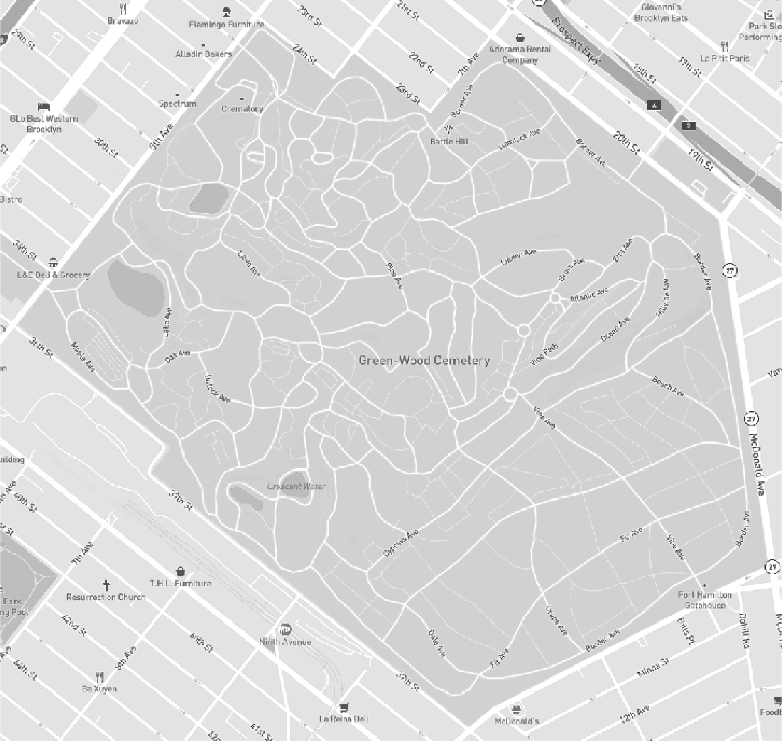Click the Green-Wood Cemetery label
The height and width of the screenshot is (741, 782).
point(424,360)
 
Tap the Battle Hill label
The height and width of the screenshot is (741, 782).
point(449,141)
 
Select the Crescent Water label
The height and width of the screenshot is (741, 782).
point(297,486)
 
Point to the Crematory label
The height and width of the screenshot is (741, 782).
point(242,109)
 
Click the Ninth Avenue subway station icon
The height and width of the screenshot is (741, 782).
point(286,629)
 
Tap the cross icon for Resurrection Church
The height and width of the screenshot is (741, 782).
point(106,585)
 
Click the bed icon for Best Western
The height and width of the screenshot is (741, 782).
point(44,107)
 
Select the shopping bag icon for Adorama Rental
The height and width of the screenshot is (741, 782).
point(520,38)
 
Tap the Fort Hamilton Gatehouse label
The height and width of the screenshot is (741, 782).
point(705,600)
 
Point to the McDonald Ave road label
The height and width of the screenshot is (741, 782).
point(757,465)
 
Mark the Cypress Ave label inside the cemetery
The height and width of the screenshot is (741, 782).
point(401,543)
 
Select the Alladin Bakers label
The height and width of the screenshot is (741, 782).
point(203,54)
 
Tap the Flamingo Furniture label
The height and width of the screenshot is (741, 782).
point(226,24)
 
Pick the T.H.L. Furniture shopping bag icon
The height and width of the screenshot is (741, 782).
point(180,571)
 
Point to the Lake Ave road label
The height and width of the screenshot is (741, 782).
point(167,322)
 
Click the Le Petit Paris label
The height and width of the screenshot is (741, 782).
point(725,58)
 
